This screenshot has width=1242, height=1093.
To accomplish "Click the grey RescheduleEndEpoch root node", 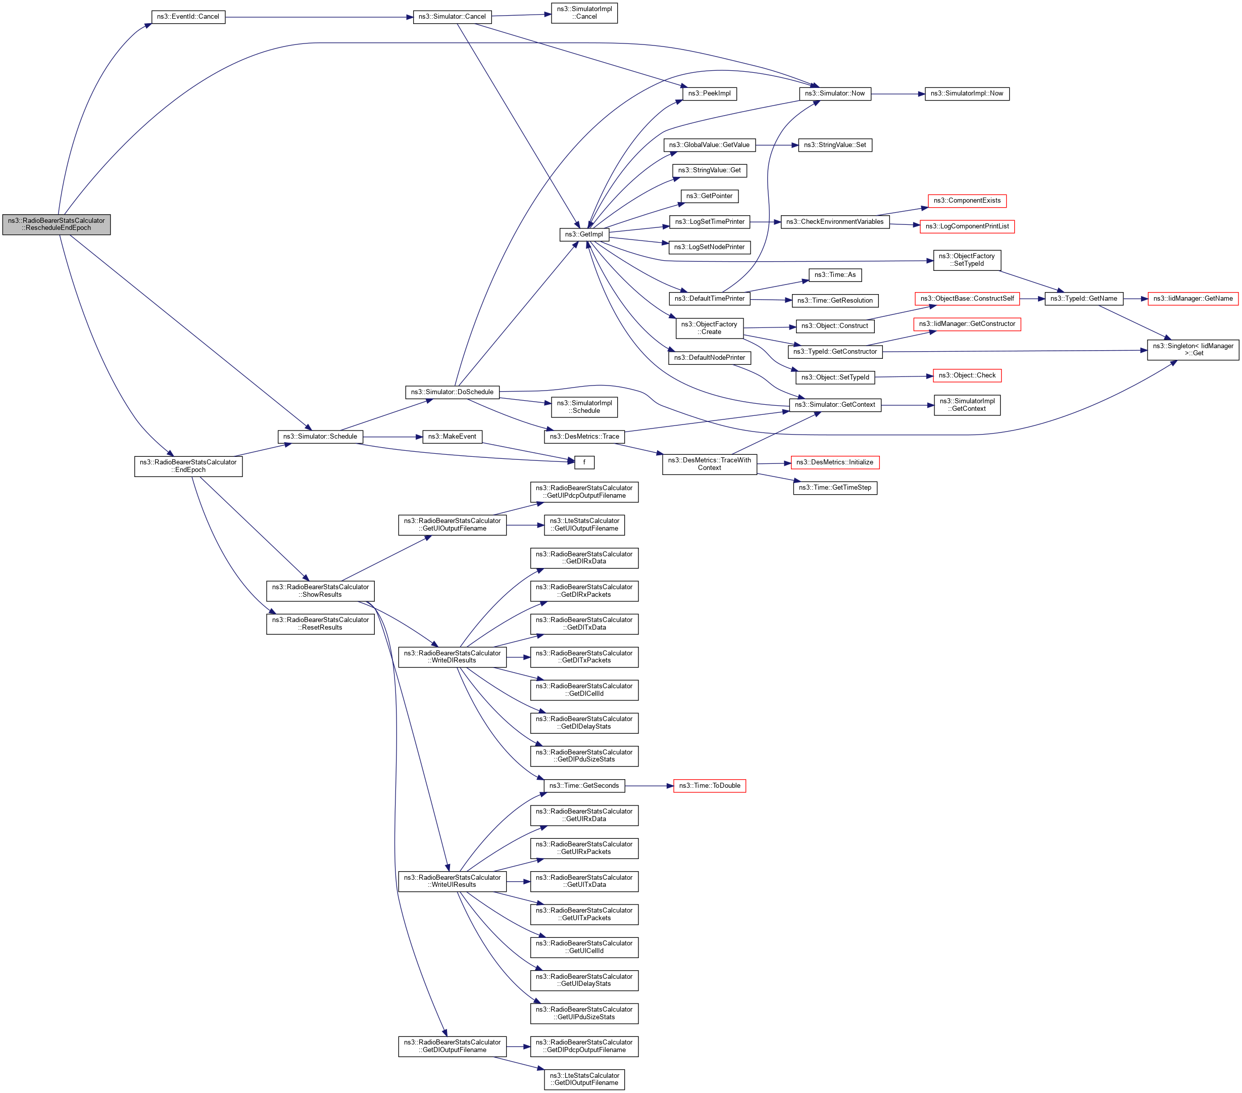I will (x=57, y=224).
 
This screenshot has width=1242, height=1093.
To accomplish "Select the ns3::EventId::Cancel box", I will (x=188, y=17).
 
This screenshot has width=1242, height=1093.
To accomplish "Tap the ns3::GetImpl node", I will (x=584, y=234).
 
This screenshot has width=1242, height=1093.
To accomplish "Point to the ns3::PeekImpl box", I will (x=709, y=93).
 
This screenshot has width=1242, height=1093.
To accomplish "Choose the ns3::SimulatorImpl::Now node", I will (x=966, y=93).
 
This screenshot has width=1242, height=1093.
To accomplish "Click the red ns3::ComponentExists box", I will (x=967, y=201).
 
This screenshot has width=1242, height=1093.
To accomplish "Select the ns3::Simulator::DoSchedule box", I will (x=452, y=392).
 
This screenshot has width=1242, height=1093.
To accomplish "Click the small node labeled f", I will (x=584, y=462).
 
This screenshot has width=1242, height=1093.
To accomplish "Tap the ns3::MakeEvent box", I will (x=452, y=437).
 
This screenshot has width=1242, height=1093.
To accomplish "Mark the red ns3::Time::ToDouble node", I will (x=709, y=786).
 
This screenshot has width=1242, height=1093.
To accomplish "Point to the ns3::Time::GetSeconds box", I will (x=584, y=786).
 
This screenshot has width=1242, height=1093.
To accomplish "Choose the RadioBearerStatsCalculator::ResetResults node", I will (x=320, y=624).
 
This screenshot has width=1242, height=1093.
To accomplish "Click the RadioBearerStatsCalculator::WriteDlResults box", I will (x=452, y=656).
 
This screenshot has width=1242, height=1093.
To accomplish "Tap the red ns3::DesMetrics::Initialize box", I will (x=834, y=462).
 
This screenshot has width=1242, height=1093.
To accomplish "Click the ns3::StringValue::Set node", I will (x=834, y=146).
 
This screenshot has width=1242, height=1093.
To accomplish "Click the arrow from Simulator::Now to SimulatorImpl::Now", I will (x=898, y=94).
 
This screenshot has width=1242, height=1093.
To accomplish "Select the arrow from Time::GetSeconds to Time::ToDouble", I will (x=649, y=786).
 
